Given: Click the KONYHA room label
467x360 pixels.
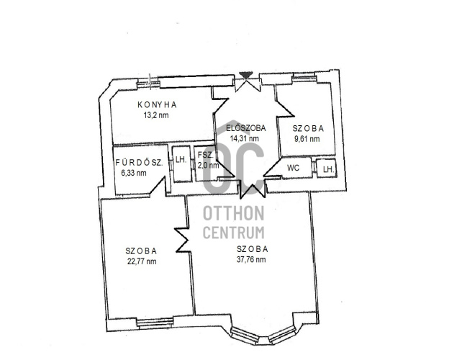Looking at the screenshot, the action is [157, 105].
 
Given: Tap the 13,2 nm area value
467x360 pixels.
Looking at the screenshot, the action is [156, 115].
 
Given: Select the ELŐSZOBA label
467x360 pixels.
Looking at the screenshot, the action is [245, 128].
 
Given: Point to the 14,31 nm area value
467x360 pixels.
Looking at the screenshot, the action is [244, 138].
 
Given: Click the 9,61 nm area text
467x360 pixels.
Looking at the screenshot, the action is [307, 139].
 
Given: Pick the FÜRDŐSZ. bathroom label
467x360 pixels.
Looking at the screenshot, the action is [139, 163].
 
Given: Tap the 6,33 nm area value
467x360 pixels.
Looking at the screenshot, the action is [134, 173].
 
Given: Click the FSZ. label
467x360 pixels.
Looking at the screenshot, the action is [206, 156].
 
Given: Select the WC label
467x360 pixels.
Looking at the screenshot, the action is [293, 168].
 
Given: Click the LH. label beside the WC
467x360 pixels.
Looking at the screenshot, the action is [329, 170].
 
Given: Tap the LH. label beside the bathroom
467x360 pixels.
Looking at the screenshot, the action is [181, 159].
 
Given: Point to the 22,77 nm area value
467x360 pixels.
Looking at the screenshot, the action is [142, 261].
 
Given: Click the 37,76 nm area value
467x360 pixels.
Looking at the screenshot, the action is [251, 259].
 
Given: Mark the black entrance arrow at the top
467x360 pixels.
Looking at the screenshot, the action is [246, 74].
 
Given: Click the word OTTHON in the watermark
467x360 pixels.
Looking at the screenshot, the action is [233, 213].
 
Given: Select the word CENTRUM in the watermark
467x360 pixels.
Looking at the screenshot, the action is [233, 233].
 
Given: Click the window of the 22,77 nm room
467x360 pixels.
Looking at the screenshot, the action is [155, 323].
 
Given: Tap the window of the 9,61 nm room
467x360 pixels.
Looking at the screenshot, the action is [304, 78].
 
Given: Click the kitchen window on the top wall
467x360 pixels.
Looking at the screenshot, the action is [148, 84].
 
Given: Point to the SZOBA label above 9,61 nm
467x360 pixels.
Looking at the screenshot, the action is [308, 128].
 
